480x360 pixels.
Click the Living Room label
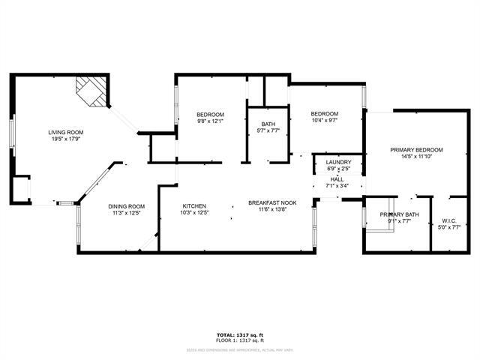[x=67, y=131]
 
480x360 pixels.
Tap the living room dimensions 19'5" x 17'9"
[x=67, y=139]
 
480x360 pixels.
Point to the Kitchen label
[x=194, y=206]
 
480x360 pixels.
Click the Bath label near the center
[x=268, y=124]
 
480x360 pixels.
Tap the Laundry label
[x=339, y=161]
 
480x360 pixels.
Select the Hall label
[x=337, y=179]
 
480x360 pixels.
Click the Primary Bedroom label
[x=416, y=150]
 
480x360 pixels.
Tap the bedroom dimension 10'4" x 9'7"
[x=325, y=120]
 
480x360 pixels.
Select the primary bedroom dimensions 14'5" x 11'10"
[x=416, y=157]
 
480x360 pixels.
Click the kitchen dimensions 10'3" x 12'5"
[x=195, y=214]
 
